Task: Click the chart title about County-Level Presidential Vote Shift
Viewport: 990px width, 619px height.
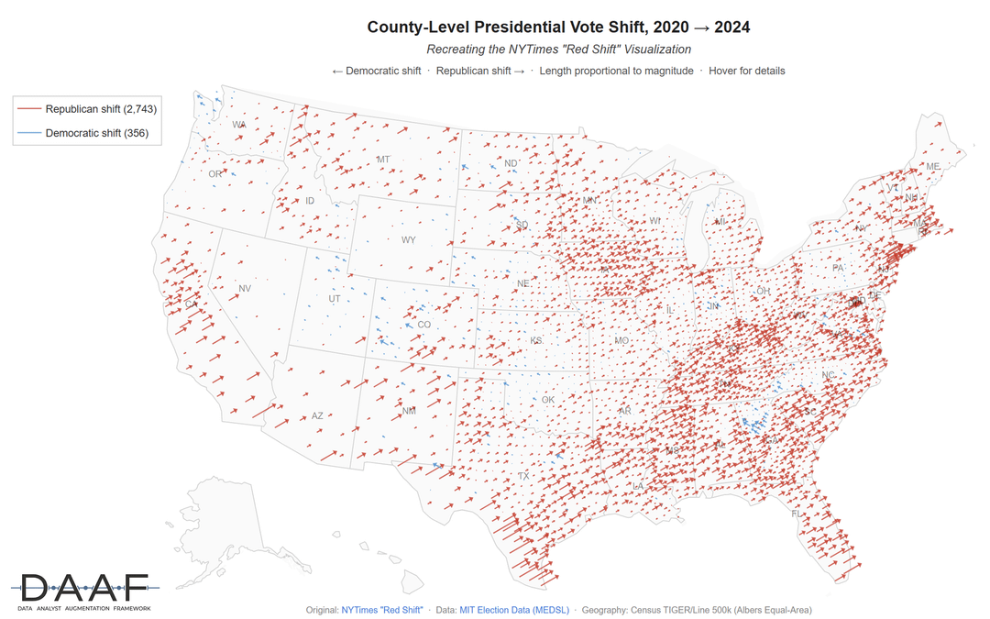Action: [558, 27]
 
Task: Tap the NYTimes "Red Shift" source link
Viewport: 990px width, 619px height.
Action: [381, 609]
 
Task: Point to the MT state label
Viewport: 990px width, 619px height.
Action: [383, 160]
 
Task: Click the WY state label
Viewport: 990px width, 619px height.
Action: [408, 240]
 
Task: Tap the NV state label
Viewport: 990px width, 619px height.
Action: [245, 289]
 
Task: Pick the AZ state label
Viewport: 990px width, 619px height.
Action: [317, 415]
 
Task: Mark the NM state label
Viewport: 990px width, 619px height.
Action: [409, 411]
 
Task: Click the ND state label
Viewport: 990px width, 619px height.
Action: [511, 164]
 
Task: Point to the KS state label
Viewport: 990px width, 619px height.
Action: [536, 341]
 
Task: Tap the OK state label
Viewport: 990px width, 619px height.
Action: [548, 400]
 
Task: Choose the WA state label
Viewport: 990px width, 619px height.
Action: [239, 125]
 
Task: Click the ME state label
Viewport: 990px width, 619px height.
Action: [933, 167]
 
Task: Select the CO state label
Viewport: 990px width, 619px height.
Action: [423, 325]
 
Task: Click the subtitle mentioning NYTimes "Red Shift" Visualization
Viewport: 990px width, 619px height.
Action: [558, 49]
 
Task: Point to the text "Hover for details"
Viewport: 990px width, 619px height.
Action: [747, 71]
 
